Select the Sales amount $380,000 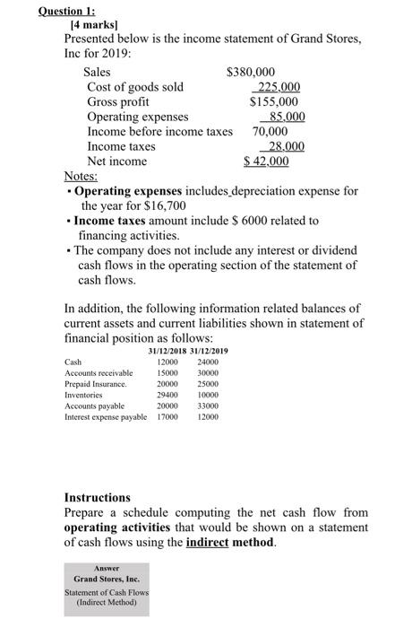252,72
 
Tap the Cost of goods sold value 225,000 278,87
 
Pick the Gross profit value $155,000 274,101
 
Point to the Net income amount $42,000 267,161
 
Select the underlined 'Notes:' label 82,177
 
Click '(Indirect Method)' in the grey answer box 107,602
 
